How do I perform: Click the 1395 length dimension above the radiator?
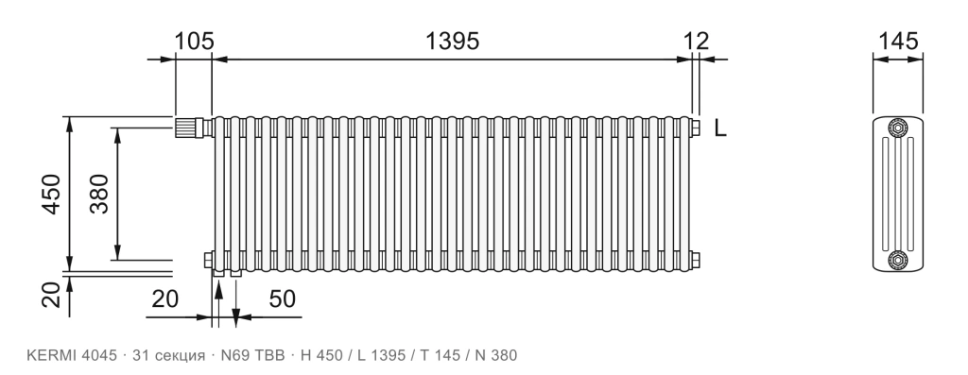click(x=452, y=42)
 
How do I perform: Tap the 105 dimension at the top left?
click(x=194, y=42)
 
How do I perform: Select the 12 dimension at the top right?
click(x=697, y=42)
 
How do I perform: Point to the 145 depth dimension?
click(x=898, y=42)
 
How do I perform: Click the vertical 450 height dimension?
click(x=51, y=195)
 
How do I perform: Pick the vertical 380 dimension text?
click(x=98, y=195)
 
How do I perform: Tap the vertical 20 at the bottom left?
click(x=51, y=294)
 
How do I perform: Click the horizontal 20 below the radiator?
click(x=164, y=298)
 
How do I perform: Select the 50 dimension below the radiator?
click(x=282, y=298)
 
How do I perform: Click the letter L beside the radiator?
click(x=719, y=128)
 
